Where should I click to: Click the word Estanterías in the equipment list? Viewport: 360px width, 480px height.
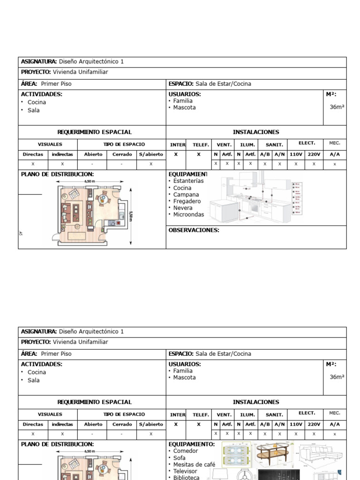[188, 181]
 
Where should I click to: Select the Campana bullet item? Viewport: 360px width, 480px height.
[186, 195]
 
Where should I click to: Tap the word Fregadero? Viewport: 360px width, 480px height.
[187, 201]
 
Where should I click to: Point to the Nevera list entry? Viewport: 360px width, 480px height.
[183, 208]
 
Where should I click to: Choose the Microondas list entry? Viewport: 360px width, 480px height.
[188, 215]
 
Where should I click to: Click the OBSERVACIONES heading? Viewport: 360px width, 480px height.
[194, 230]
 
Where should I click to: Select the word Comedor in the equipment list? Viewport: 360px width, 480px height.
[186, 451]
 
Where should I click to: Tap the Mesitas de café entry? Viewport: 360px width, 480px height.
[194, 465]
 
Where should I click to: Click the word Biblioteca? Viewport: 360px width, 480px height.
[186, 478]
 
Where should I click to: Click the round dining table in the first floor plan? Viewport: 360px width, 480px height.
[103, 199]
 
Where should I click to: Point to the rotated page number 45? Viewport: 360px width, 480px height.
[21, 232]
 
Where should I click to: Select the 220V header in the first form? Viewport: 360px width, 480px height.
[314, 154]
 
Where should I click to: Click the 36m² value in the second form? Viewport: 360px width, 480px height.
[337, 377]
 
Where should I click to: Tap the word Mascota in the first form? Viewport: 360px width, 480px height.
[184, 107]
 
